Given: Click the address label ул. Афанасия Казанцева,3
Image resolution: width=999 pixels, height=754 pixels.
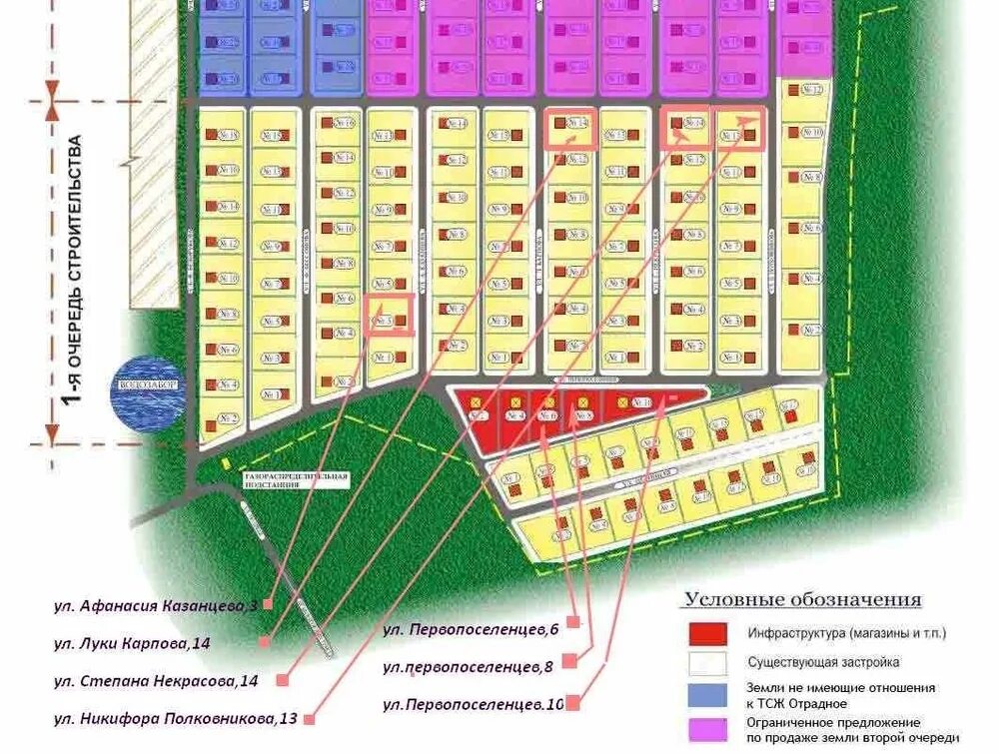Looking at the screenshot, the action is pos(156,605).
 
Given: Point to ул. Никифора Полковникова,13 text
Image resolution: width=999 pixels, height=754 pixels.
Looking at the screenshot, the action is pos(175,717).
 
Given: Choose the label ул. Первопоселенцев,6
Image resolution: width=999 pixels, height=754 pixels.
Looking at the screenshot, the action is pos(470,629).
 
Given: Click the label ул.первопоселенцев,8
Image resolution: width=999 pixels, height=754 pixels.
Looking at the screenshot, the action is pos(469,665).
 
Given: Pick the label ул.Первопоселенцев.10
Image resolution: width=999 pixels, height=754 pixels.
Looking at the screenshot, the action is pos(473,704).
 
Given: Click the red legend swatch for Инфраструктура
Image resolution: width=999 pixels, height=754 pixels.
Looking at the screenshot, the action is pos(707,633).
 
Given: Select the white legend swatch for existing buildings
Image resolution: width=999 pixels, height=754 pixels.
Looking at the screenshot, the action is pos(707,662).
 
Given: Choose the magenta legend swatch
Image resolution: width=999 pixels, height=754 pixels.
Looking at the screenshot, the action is pos(707,729).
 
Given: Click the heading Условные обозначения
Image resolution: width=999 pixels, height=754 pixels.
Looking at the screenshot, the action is pos(802,600).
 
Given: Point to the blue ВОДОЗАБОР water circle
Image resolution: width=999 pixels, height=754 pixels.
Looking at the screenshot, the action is pos(151,393).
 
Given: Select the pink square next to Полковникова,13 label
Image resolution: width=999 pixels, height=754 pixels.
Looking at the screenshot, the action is pos(309,717).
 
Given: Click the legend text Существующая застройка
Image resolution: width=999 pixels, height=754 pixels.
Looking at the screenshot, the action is pos(823,662).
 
